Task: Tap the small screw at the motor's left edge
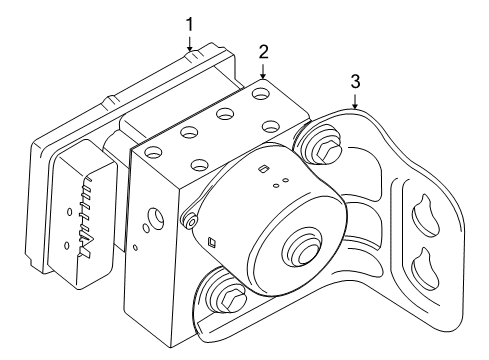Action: (186, 219)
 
